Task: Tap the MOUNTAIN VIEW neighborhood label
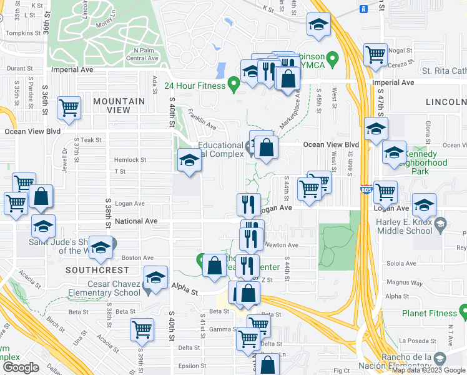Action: (119, 105)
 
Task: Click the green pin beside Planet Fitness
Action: (463, 309)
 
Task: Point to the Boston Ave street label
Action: (137, 257)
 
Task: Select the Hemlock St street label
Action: (130, 159)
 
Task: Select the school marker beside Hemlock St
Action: (190, 160)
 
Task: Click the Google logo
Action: (21, 367)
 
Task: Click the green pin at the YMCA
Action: (333, 60)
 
